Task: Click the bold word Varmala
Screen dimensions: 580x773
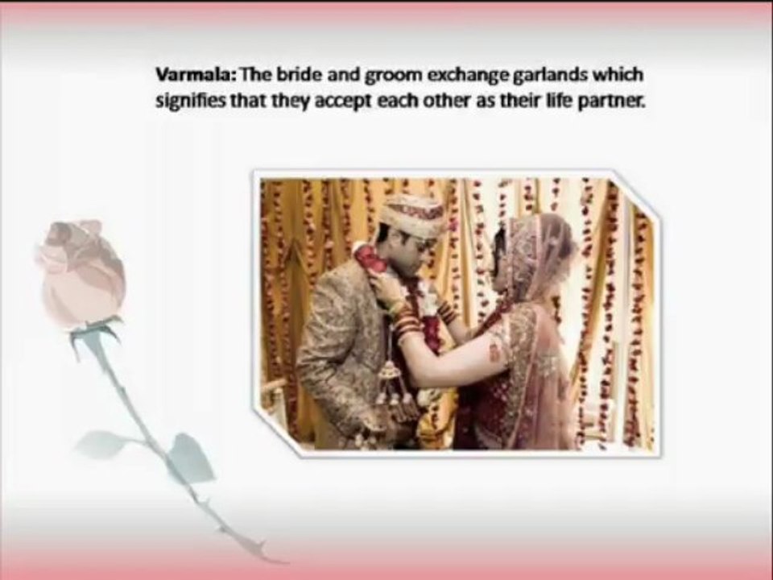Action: [184, 75]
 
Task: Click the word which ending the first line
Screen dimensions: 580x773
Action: [621, 75]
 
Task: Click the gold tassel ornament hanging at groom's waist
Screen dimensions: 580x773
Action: [390, 387]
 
